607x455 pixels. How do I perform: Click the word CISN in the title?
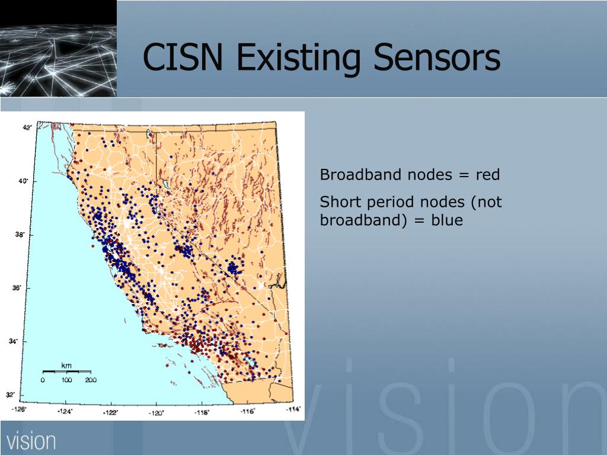point(183,57)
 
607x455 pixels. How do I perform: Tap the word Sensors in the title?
point(437,57)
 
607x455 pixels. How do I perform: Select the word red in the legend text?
point(488,175)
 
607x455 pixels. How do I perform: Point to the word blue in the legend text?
point(447,220)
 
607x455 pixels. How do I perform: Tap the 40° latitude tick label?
point(23,181)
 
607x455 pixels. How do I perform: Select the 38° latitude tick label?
point(20,234)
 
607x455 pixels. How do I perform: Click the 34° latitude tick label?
point(13,341)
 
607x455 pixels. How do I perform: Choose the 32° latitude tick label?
point(11,395)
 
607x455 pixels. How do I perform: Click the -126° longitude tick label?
point(18,409)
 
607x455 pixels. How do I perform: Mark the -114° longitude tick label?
point(293,409)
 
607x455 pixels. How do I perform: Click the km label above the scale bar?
point(66,366)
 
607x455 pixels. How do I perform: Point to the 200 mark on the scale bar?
point(91,380)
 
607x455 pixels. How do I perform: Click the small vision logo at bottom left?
point(31,441)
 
